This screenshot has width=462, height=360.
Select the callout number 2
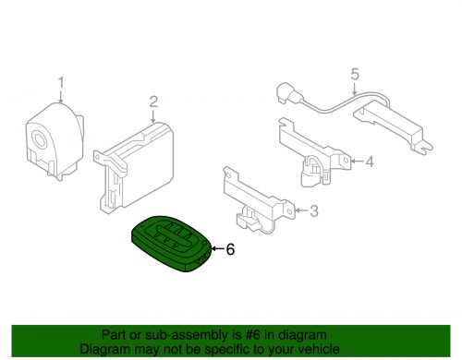(x=153, y=102)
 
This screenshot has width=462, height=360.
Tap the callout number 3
(x=313, y=211)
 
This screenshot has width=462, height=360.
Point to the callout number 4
(x=369, y=163)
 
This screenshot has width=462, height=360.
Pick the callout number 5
(x=355, y=74)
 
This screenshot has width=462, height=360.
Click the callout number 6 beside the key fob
(x=230, y=248)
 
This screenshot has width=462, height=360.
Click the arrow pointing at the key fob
(x=217, y=248)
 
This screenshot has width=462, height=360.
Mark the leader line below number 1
(x=63, y=98)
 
